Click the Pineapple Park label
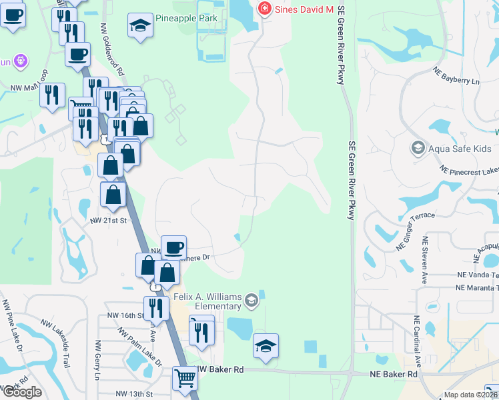click(186, 18)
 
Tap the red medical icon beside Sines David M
click(265, 9)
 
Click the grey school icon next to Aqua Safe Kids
click(418, 148)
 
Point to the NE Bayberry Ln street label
click(456, 75)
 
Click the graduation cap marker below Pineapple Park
click(139, 27)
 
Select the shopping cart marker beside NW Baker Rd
click(185, 378)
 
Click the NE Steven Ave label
click(424, 262)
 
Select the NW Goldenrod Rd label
click(111, 51)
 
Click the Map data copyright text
click(471, 395)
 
